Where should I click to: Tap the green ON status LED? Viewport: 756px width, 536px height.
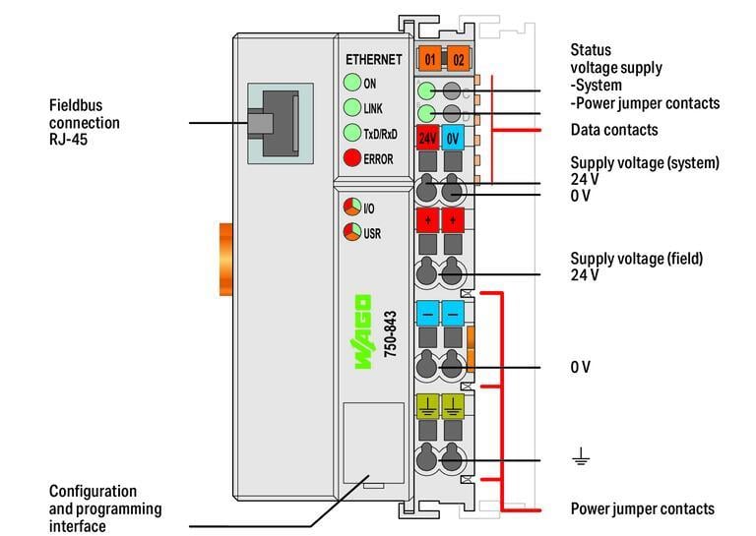tap(352, 83)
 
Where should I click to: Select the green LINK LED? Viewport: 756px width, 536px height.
tap(352, 107)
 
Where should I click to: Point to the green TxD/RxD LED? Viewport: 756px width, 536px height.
tap(352, 133)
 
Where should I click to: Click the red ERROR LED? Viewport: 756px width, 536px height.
tap(352, 158)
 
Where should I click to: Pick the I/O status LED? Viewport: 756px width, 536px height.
tap(351, 208)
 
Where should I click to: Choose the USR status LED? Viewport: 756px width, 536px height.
tap(351, 233)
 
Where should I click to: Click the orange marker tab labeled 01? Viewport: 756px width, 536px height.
tap(429, 59)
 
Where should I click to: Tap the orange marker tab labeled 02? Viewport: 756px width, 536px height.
tap(458, 59)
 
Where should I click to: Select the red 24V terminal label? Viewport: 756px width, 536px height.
tap(428, 138)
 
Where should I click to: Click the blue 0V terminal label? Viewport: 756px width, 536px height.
tap(453, 138)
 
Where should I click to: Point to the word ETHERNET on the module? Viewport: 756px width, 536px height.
tap(373, 59)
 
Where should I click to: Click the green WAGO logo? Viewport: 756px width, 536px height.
tap(362, 331)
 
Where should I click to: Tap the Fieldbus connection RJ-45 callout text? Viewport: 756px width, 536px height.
tap(85, 123)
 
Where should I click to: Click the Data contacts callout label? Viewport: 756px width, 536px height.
tap(614, 130)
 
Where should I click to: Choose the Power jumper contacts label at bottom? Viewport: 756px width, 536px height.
tap(642, 508)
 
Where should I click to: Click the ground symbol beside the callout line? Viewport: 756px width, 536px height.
tap(581, 456)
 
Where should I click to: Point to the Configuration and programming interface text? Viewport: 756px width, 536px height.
tap(105, 508)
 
